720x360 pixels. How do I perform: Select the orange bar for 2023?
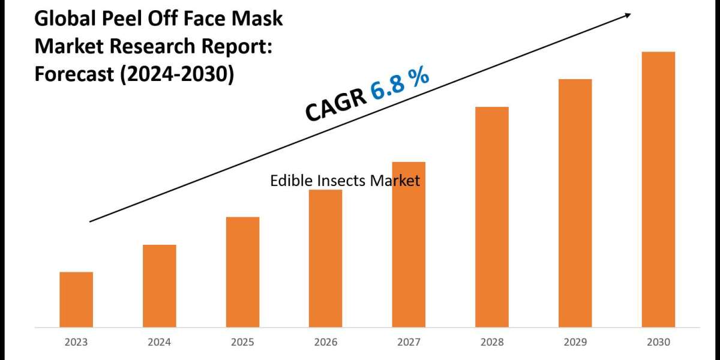click(x=76, y=299)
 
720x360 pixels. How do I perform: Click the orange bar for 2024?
click(x=160, y=286)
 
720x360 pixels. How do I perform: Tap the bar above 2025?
click(x=243, y=272)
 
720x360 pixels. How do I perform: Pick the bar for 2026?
click(x=326, y=258)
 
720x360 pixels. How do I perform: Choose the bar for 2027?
click(x=409, y=244)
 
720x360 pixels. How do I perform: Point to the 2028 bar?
click(x=492, y=217)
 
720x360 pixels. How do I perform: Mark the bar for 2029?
click(x=575, y=203)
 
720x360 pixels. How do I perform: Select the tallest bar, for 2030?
click(x=658, y=189)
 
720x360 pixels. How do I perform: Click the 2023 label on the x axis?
click(x=76, y=342)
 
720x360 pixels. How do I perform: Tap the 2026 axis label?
click(x=326, y=342)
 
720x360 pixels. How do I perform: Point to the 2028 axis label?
click(x=492, y=342)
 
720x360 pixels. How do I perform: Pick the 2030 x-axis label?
click(x=658, y=342)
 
